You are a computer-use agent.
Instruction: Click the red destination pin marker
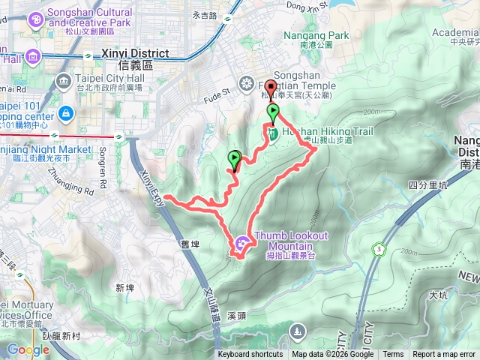pyautogui.click(x=271, y=87)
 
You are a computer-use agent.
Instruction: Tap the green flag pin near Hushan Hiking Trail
pyautogui.click(x=274, y=113)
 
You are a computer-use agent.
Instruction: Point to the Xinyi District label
pyautogui.click(x=136, y=55)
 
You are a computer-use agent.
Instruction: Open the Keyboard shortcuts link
pyautogui.click(x=250, y=355)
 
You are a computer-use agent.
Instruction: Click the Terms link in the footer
pyautogui.click(x=393, y=355)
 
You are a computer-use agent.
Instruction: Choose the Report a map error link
pyautogui.click(x=445, y=355)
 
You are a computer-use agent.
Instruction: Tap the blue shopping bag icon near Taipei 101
pyautogui.click(x=65, y=113)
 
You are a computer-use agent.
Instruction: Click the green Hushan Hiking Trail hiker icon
pyautogui.click(x=274, y=133)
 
